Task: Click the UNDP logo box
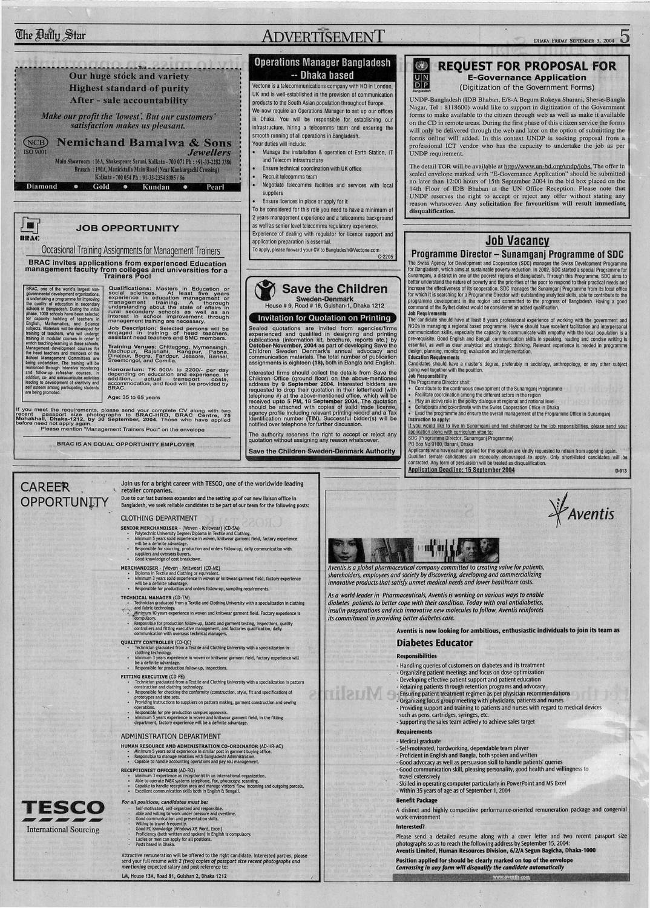tap(422, 75)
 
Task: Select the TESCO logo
tap(62, 808)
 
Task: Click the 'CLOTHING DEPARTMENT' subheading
tap(159, 518)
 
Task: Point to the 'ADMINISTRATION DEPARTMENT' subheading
tap(170, 735)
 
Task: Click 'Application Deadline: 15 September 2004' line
tap(461, 470)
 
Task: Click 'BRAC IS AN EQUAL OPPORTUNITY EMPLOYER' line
tap(126, 444)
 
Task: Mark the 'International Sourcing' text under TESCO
tap(63, 829)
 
